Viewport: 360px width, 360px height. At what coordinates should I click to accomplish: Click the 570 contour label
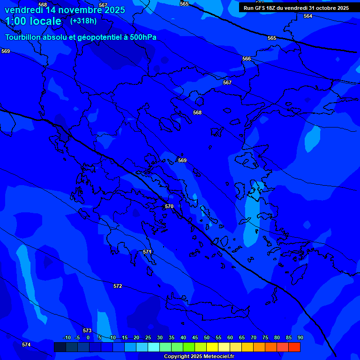[x=169, y=206]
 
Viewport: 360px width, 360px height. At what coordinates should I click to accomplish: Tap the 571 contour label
[x=147, y=252]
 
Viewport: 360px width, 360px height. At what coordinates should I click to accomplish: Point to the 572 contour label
[x=118, y=286]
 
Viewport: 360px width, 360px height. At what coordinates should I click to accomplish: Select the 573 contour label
[x=87, y=330]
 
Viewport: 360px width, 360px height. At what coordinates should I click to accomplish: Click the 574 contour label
[x=26, y=345]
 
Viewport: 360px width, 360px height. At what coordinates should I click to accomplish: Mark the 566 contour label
[x=247, y=59]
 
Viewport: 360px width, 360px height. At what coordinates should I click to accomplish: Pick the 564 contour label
[x=307, y=16]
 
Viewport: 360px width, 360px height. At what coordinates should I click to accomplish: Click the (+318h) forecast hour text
[x=83, y=21]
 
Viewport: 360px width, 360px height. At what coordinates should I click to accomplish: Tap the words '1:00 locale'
[x=33, y=21]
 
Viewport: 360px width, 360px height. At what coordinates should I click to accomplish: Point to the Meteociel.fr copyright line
[x=199, y=356]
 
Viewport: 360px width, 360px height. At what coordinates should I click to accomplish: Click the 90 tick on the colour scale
[x=300, y=337]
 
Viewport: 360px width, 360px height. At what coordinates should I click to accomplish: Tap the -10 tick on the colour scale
[x=67, y=337]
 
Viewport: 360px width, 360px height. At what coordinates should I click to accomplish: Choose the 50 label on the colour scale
[x=207, y=337]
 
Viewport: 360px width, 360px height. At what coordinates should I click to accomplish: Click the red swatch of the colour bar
[x=294, y=347]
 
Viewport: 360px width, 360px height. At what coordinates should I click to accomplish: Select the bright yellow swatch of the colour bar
[x=212, y=347]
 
